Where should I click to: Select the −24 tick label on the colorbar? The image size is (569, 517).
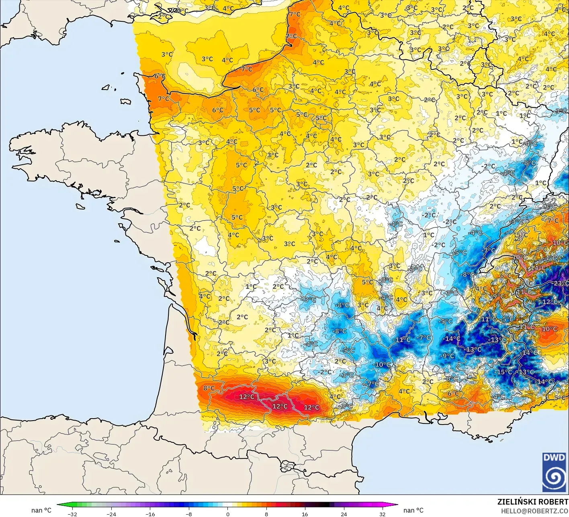point(111,514)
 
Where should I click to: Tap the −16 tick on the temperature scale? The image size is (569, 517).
point(150,514)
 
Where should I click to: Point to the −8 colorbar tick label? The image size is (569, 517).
point(188,514)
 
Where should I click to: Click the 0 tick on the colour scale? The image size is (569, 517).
point(227,514)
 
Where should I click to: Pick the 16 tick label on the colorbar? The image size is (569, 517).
point(305,514)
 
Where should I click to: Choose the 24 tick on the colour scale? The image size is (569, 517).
point(344,514)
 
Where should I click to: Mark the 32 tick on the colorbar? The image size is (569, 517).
point(383,514)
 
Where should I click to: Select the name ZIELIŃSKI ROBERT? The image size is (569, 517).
point(533,502)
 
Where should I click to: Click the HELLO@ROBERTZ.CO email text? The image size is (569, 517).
point(534,510)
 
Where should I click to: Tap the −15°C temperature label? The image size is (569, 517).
point(505,372)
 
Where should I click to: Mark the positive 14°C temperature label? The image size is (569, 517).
point(538,268)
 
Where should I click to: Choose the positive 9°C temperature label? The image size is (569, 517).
point(498,296)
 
